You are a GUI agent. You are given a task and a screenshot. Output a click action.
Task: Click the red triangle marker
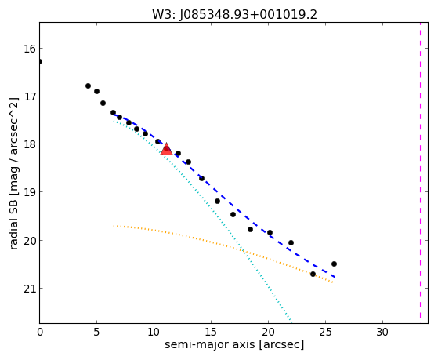tap(166, 149)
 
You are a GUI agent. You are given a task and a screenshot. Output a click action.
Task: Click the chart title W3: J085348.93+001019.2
tap(234, 15)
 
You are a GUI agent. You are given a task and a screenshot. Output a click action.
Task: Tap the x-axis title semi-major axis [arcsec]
tap(234, 344)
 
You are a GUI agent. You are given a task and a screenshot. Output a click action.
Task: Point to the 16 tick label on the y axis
tap(30, 49)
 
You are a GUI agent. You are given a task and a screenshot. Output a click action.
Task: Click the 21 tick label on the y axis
tap(30, 289)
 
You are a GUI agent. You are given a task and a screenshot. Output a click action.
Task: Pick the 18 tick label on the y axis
tap(30, 144)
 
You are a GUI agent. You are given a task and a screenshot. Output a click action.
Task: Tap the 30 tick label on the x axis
tap(382, 333)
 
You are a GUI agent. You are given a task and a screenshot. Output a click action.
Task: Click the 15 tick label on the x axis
tap(211, 333)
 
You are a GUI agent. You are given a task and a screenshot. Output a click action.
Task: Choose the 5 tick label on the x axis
tap(96, 333)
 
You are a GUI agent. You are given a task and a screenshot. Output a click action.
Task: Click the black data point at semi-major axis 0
tap(40, 61)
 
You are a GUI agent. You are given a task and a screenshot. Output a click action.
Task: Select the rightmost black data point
tap(334, 264)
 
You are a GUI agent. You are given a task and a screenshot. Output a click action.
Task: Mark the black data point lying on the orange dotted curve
tap(313, 275)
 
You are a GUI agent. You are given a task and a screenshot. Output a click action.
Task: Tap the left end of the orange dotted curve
tap(114, 226)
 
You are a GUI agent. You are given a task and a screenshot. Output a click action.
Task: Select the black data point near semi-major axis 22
tap(291, 242)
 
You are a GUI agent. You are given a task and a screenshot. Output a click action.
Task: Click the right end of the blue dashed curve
tap(335, 277)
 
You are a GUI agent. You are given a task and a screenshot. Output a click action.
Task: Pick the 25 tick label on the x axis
tap(325, 333)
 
